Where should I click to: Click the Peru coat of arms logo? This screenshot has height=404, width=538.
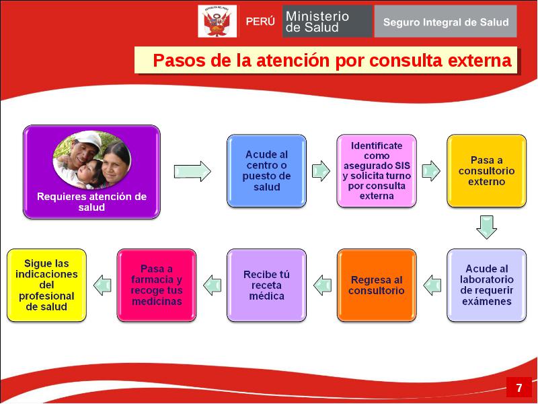point(217,22)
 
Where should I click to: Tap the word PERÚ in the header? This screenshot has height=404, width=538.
point(260,22)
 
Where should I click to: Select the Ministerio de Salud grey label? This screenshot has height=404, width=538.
point(327,22)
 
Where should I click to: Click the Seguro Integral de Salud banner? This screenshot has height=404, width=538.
point(445,22)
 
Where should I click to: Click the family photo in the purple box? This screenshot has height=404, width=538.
point(92,160)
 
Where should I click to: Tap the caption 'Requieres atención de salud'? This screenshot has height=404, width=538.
point(91,201)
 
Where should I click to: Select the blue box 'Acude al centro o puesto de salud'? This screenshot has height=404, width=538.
point(266,171)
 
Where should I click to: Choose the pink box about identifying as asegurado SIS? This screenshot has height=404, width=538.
point(377,171)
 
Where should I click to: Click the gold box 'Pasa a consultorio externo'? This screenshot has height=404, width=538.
point(486,171)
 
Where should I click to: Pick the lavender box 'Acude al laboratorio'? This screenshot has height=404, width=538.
point(486,285)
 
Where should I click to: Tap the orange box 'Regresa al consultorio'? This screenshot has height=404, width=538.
point(377,285)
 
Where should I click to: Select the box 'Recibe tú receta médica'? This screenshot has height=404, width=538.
point(266,285)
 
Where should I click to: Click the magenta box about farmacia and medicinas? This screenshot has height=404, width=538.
point(157,285)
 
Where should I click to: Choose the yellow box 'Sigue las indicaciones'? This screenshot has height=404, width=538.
point(46,285)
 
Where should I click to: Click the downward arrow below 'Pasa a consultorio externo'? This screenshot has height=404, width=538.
point(486,227)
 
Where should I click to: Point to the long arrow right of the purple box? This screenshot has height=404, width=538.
point(192,171)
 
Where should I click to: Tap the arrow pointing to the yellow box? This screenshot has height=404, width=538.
point(102,285)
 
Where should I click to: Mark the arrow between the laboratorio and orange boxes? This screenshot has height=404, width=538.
point(432,285)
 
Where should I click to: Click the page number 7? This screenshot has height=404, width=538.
point(518,388)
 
